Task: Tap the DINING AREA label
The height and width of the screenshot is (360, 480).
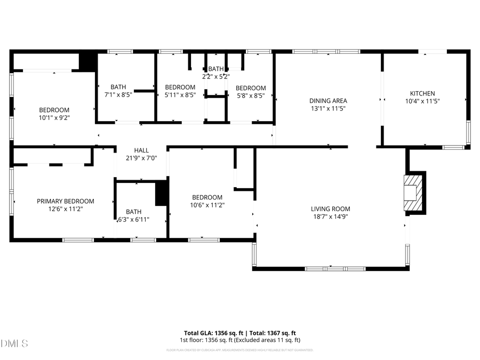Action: pos(328,100)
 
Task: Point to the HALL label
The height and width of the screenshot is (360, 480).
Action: pos(141,150)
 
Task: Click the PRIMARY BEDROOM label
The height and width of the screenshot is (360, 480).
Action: pos(65,201)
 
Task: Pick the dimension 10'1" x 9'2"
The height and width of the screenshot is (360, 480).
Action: pos(54,117)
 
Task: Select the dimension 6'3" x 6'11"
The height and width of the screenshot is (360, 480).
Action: pos(133,219)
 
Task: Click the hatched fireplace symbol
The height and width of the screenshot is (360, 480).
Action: pos(412,193)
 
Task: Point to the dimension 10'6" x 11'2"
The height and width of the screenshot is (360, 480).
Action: pos(207,205)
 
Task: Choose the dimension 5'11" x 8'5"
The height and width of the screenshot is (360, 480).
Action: pos(180,95)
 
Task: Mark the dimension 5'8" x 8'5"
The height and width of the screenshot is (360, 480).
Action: pos(251,95)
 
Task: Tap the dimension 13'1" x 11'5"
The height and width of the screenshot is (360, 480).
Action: pos(328,108)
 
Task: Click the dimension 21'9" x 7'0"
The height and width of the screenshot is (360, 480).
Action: pos(141,158)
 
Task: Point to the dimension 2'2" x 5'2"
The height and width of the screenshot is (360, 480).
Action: pos(216,76)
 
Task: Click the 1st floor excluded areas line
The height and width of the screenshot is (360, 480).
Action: pos(239,340)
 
